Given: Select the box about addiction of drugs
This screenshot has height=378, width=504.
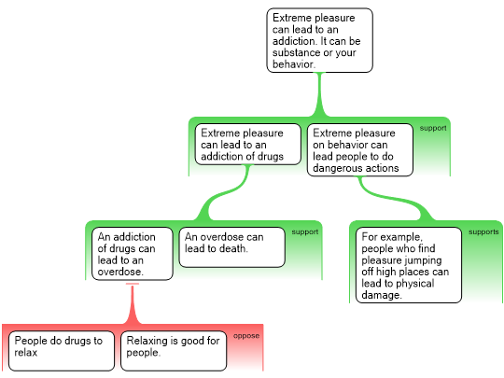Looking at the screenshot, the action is tap(248, 145).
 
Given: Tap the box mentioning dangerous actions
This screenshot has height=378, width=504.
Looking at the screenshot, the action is tap(360, 149).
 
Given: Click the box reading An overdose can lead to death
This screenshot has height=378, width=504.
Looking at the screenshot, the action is tap(232, 247).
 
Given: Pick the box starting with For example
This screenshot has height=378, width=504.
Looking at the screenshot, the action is tap(409, 265).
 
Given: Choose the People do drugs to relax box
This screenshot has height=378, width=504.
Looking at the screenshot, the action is tap(62, 351).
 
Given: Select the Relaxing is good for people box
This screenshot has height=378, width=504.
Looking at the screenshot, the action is tap(174, 351).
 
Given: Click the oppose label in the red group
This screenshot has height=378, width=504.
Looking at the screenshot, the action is tap(246, 336).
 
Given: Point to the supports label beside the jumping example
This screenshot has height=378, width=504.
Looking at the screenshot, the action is tap(483, 231).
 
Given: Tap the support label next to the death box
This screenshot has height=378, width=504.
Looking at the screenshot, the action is tap(304, 231).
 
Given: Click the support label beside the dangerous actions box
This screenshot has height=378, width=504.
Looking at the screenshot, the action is tap(433, 128).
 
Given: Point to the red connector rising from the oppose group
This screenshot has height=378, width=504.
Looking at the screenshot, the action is tap(133, 304).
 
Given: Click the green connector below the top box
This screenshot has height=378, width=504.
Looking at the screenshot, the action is tap(319, 95).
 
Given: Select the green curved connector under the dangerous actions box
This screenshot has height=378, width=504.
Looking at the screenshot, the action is tap(396, 199).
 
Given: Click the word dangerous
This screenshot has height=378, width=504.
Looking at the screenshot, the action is tap(336, 168).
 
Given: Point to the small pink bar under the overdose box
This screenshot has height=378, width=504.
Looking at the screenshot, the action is tap(133, 284).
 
